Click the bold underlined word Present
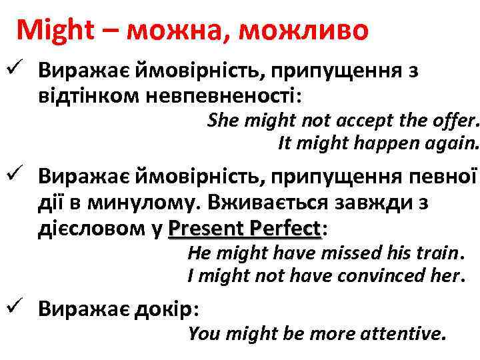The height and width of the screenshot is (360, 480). (209, 229)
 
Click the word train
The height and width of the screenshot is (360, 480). (438, 253)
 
